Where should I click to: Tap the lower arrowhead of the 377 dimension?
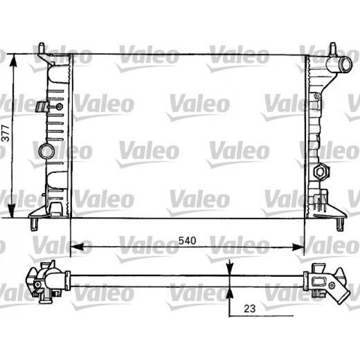pyautogui.click(x=13, y=211)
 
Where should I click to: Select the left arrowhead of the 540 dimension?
pyautogui.click(x=76, y=247)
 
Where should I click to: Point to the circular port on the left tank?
pyautogui.click(x=46, y=151)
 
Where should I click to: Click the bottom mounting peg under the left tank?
pyautogui.click(x=34, y=224)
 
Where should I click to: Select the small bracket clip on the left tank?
pyautogui.click(x=42, y=107)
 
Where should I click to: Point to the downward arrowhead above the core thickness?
pyautogui.click(x=229, y=270)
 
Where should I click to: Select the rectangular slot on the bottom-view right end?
pyautogui.click(x=318, y=282)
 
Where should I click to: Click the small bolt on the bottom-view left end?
pyautogui.click(x=37, y=284)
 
